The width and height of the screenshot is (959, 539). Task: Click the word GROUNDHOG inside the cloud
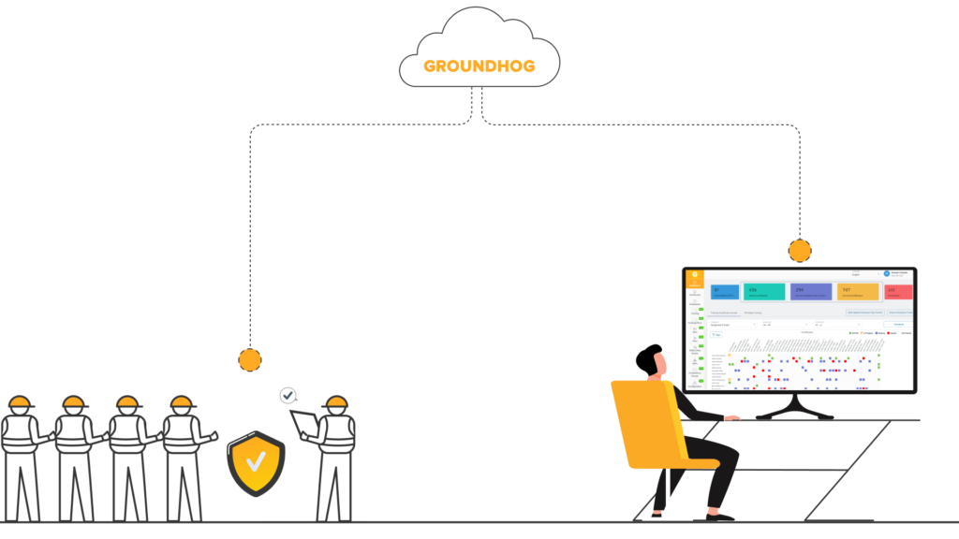click(x=479, y=66)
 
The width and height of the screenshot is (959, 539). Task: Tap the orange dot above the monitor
click(x=800, y=251)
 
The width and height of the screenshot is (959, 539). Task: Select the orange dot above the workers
click(x=250, y=359)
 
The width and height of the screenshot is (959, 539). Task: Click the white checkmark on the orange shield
click(x=256, y=460)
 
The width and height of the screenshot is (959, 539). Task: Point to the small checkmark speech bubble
click(x=288, y=396)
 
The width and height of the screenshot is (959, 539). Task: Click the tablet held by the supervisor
click(x=303, y=424)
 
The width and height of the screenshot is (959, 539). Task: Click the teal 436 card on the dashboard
click(x=764, y=292)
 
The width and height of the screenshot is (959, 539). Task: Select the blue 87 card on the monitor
click(x=723, y=292)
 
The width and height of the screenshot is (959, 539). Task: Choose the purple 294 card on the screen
click(x=810, y=292)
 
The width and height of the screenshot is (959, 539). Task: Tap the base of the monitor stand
click(x=794, y=415)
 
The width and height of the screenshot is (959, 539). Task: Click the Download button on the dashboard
click(x=897, y=323)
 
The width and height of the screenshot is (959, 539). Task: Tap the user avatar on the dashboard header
click(x=887, y=274)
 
